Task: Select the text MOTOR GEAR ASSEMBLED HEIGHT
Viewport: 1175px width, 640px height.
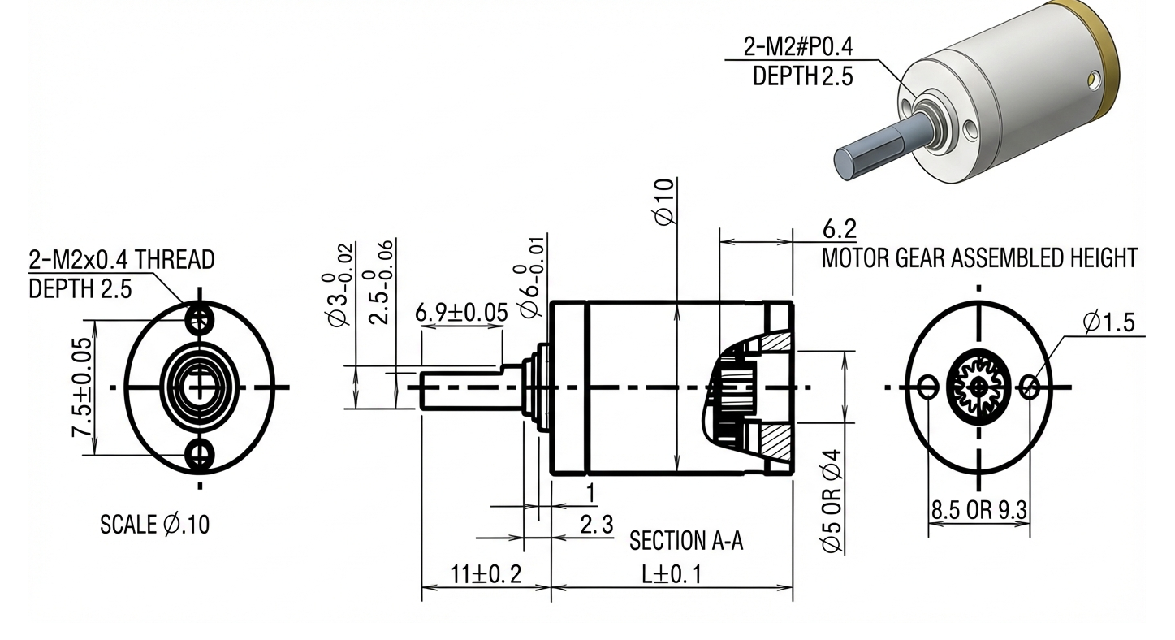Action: click(979, 258)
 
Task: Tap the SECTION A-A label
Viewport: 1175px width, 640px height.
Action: click(686, 541)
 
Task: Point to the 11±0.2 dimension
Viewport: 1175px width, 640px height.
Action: click(486, 574)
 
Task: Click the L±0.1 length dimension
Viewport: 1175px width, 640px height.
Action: click(672, 574)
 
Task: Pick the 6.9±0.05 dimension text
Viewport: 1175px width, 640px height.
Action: click(461, 312)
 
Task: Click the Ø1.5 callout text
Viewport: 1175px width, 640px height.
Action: click(1108, 322)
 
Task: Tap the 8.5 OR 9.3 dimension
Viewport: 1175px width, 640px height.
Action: click(979, 511)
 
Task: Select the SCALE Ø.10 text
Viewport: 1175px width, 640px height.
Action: click(154, 525)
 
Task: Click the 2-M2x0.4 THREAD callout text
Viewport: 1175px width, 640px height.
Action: click(122, 260)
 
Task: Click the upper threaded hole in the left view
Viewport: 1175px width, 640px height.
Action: click(200, 318)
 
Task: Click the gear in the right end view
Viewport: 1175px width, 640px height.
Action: click(979, 387)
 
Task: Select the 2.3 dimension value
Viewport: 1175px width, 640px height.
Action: click(597, 525)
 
